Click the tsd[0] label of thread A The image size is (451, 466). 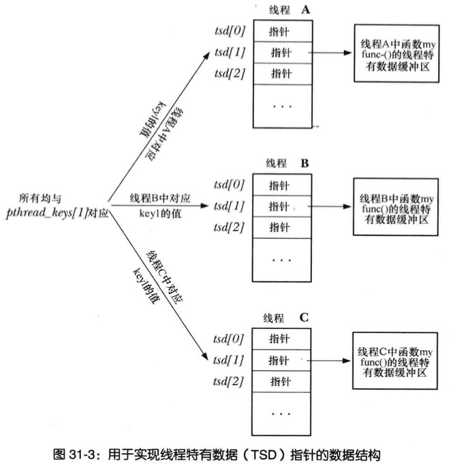pyautogui.click(x=228, y=31)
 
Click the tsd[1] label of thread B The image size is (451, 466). pyautogui.click(x=228, y=206)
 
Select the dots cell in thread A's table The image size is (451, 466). pyautogui.click(x=282, y=106)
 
